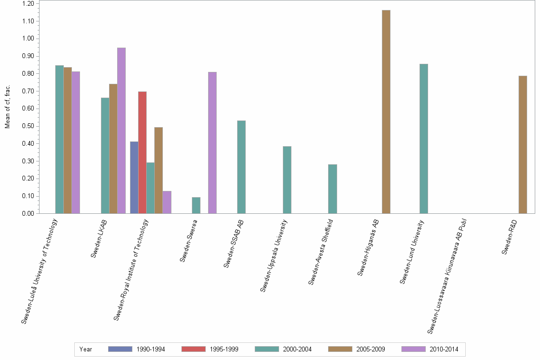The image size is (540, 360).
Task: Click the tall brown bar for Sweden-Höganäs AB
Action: point(386,112)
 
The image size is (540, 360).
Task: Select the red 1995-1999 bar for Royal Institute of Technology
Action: point(142,152)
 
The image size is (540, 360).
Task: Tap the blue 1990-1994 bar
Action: point(134,178)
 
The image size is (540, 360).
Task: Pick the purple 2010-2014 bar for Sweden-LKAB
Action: point(121,130)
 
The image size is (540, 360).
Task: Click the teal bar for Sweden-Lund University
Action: point(423,139)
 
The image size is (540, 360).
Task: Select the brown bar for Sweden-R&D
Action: point(522,145)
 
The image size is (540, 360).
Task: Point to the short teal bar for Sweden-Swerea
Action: point(196,205)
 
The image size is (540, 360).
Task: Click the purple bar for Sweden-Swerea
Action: point(212,143)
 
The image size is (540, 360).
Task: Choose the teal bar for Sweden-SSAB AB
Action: point(241,167)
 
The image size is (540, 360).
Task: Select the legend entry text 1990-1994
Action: point(151,349)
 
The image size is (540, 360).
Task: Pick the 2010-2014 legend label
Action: point(444,349)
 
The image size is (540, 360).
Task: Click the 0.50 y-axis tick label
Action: point(28,126)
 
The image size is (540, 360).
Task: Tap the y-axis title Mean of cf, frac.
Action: point(7,107)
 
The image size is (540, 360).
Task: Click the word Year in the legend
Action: point(86,349)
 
